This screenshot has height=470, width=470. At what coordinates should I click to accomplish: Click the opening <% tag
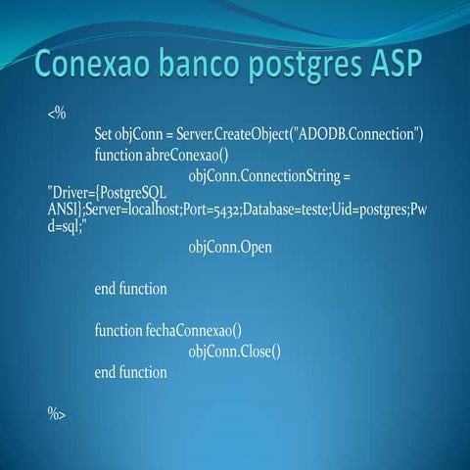pos(56,114)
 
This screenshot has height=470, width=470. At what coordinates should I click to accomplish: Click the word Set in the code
pos(105,133)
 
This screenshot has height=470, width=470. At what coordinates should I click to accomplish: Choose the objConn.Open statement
pos(230,248)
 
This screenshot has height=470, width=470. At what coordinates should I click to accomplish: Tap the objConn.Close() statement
pos(234,352)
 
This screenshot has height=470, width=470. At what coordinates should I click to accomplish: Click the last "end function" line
pos(130,372)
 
